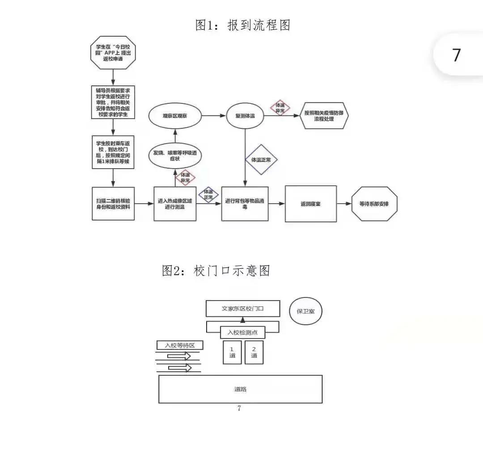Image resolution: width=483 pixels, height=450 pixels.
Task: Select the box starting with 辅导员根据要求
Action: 113,102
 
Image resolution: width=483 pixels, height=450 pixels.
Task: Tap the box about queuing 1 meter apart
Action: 113,152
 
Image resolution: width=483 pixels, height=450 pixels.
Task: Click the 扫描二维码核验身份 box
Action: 113,204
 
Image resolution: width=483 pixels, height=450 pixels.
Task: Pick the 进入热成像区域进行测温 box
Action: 175,204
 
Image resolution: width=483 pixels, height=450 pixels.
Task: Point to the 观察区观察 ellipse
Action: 174,116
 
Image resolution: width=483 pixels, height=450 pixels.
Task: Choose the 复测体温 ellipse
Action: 245,116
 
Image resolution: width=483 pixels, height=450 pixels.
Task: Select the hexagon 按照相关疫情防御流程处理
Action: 325,116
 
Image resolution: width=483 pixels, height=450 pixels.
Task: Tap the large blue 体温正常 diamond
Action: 262,159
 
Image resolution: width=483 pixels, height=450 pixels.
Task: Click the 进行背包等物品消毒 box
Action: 245,204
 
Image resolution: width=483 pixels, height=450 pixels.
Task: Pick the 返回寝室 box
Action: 311,204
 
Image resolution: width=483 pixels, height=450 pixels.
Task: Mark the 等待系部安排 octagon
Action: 374,204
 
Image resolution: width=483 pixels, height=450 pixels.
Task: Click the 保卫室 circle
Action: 305,311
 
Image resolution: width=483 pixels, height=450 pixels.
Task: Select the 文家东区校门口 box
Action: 242,309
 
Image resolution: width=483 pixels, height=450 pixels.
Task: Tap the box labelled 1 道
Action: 232,352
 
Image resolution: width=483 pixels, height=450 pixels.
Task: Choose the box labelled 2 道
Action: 254,352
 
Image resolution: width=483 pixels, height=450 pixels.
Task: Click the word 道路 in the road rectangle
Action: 240,389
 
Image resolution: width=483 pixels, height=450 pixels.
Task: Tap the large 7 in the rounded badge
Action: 456,55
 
